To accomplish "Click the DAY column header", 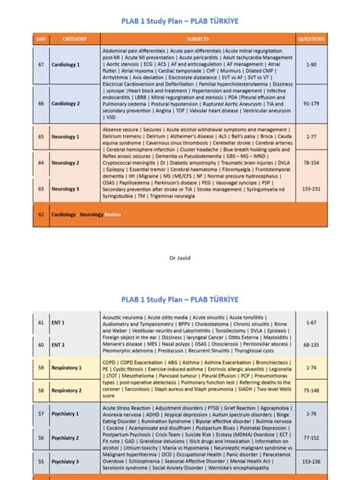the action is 41,38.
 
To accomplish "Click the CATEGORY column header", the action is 74,38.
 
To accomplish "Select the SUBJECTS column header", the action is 198,38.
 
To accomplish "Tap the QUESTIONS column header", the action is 311,38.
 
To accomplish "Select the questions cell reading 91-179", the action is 311,103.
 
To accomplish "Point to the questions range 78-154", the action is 311,163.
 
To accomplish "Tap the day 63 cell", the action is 41,188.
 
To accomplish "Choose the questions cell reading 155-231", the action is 311,188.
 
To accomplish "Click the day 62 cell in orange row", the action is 41,215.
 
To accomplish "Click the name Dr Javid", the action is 180,259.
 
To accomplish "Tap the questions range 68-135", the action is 311,344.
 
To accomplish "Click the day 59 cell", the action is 41,368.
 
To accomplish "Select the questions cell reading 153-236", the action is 311,461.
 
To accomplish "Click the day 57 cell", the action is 41,414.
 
